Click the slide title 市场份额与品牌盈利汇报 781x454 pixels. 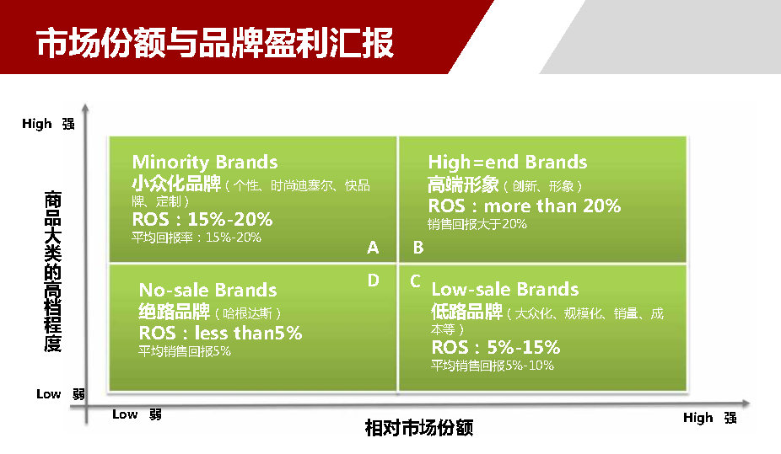(x=215, y=42)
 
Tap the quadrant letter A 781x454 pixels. (x=373, y=247)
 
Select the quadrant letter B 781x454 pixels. (x=418, y=247)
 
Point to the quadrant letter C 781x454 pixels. (x=416, y=281)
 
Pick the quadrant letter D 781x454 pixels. (x=373, y=280)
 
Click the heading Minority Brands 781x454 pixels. (x=205, y=162)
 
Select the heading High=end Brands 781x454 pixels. (x=508, y=162)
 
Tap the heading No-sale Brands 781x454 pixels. (x=207, y=290)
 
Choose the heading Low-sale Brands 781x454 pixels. (x=505, y=289)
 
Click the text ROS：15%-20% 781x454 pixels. (x=202, y=219)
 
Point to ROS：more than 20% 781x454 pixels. (x=525, y=206)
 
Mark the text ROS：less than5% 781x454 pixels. (x=220, y=333)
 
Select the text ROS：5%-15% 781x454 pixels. (x=496, y=346)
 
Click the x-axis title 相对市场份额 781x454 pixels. (x=419, y=428)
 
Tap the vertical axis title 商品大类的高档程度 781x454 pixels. (x=53, y=271)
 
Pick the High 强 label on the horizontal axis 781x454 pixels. (x=710, y=418)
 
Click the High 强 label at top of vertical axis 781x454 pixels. (x=48, y=123)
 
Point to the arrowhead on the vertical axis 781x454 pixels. (x=86, y=108)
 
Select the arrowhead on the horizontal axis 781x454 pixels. (x=746, y=403)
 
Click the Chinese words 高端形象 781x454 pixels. (x=463, y=184)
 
